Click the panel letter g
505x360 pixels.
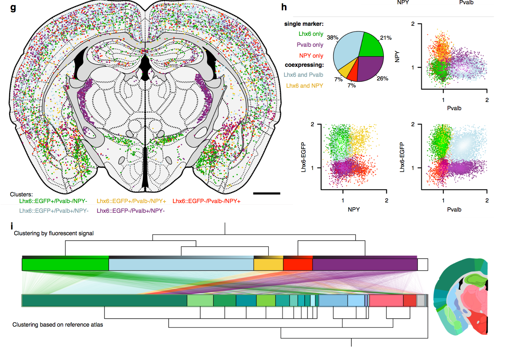(13, 8)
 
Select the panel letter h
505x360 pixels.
(284, 7)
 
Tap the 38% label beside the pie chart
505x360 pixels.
(332, 38)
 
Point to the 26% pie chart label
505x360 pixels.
(382, 79)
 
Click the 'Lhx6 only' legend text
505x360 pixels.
(311, 34)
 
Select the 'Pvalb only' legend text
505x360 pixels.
(310, 45)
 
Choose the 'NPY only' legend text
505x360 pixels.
(311, 56)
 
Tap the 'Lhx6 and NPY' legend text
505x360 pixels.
(304, 86)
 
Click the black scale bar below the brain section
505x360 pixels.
(266, 193)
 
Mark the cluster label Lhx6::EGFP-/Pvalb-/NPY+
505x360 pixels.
(206, 201)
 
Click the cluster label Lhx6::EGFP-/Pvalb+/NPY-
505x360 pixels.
(130, 211)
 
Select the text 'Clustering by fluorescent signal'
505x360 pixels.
(54, 233)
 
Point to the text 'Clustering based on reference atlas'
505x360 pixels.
(58, 325)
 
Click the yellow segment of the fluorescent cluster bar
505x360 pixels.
(268, 264)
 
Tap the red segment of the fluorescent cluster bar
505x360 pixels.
(298, 264)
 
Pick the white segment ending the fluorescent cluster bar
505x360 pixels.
(422, 264)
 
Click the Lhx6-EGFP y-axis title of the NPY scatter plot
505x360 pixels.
(303, 157)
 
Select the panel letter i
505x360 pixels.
(12, 226)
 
